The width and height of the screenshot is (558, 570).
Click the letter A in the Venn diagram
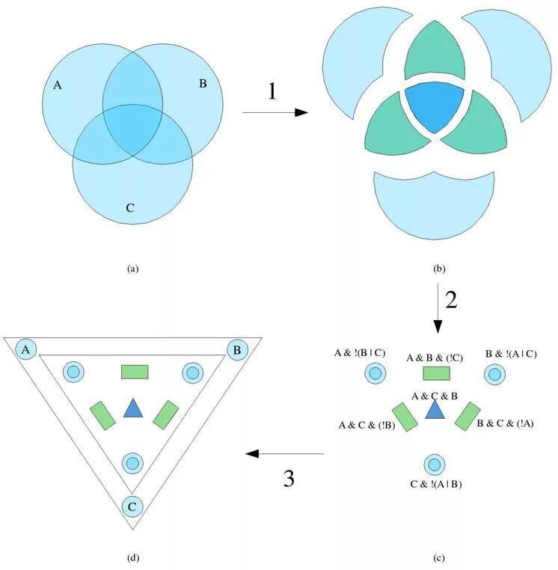(x=58, y=85)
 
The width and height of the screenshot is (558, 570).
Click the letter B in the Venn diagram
(x=203, y=83)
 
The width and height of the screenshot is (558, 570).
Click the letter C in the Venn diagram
(x=130, y=207)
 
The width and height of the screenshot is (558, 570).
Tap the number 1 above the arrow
(x=272, y=91)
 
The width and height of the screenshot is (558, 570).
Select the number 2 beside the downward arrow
(x=450, y=299)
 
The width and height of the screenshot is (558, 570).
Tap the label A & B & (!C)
(x=435, y=358)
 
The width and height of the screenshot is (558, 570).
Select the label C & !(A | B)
(x=435, y=483)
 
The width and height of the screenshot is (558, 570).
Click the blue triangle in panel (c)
(x=434, y=409)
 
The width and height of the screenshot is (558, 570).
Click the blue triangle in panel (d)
(x=132, y=408)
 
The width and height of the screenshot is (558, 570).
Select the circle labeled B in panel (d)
(x=237, y=349)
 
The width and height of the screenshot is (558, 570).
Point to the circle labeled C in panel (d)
(x=132, y=507)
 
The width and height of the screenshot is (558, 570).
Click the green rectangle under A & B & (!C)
(x=435, y=373)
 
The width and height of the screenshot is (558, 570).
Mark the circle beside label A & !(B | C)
(x=375, y=373)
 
